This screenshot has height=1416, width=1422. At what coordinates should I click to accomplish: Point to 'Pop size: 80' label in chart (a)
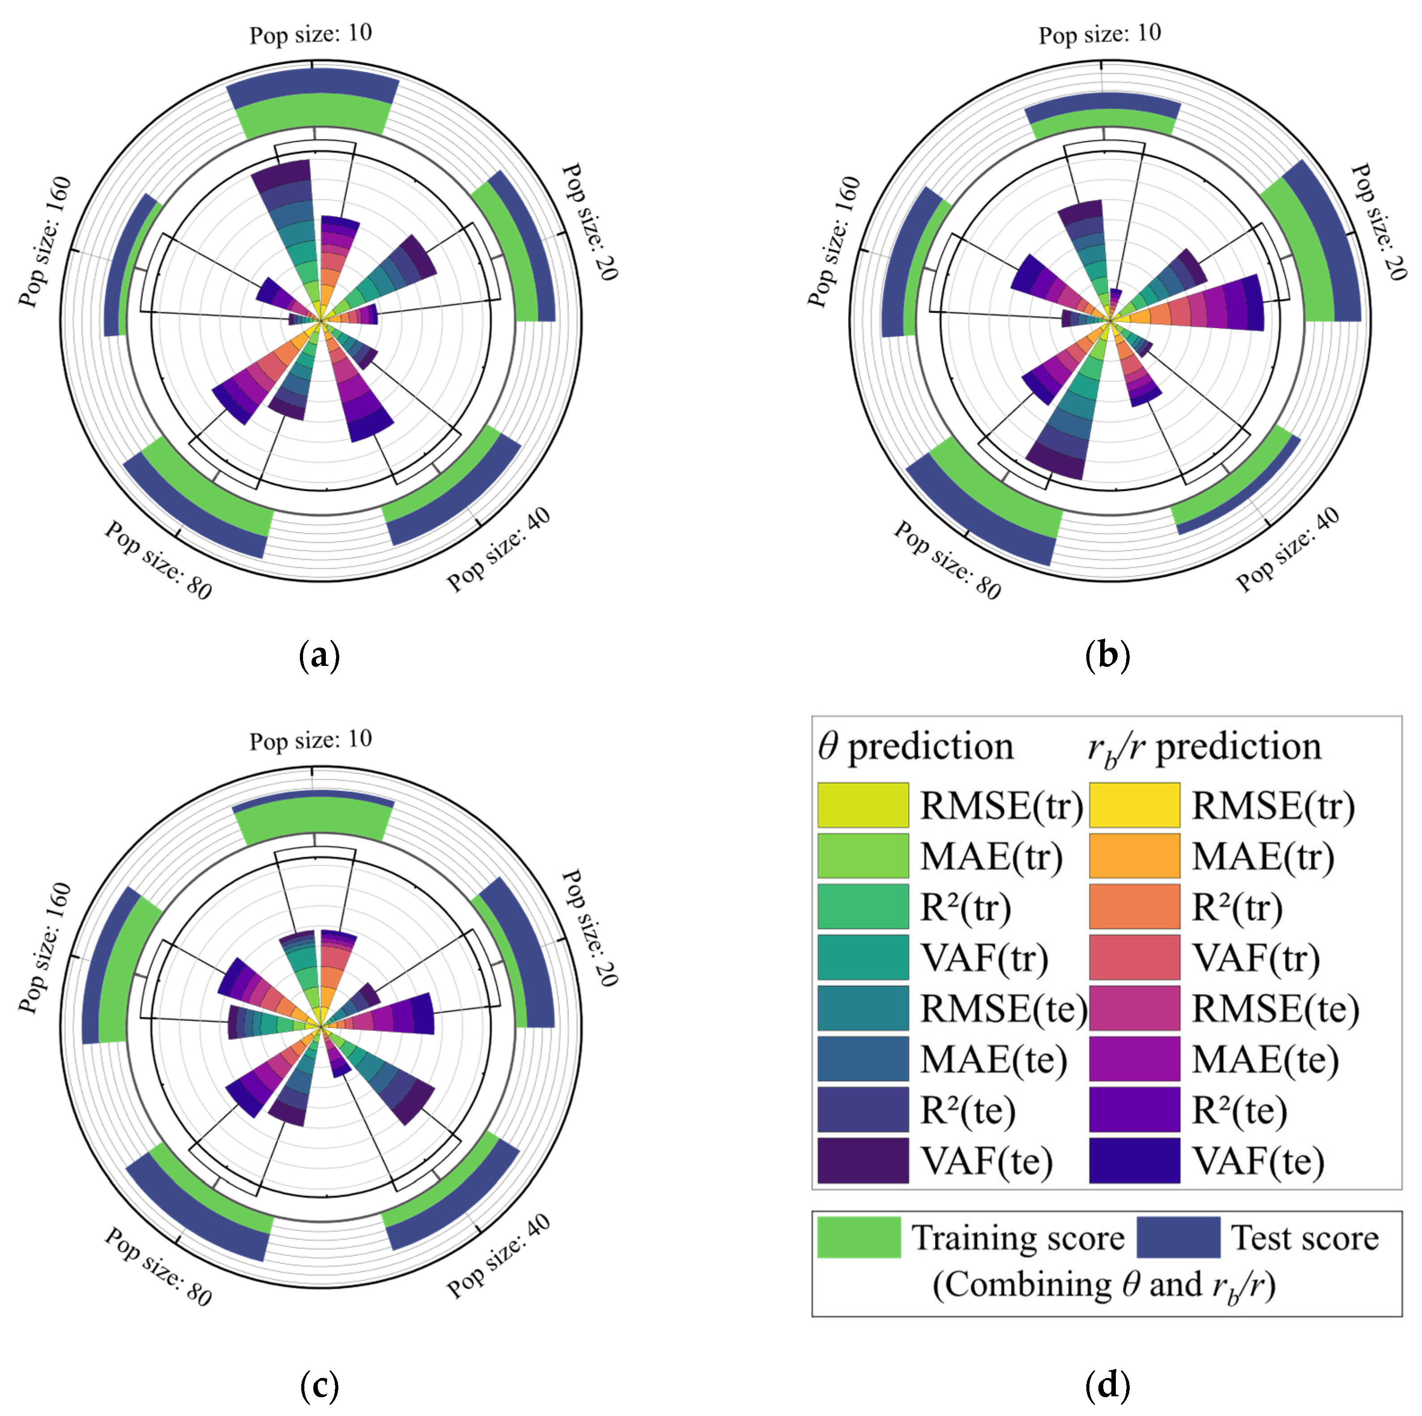pyautogui.click(x=158, y=559)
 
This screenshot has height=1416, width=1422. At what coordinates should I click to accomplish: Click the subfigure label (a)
pyautogui.click(x=320, y=654)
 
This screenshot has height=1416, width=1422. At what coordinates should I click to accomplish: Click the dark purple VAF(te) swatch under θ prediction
pyautogui.click(x=863, y=1160)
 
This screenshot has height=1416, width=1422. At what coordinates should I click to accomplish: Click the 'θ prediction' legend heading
pyautogui.click(x=916, y=747)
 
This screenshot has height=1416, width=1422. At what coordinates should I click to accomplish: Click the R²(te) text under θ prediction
pyautogui.click(x=967, y=1110)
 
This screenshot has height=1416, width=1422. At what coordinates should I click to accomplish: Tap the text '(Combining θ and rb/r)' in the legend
pyautogui.click(x=1104, y=1285)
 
